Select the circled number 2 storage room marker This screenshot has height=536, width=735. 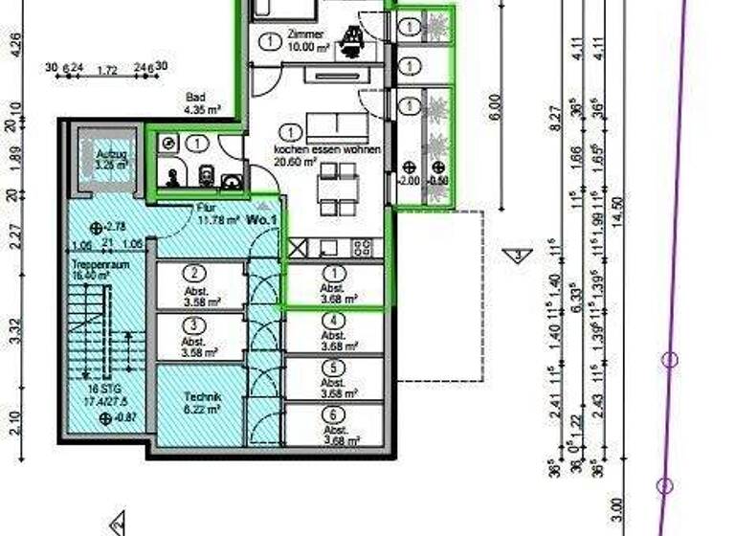coord(194,272)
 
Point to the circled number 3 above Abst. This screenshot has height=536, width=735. coord(194,324)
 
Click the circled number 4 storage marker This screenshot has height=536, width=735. coord(332,321)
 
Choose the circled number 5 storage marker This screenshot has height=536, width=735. coord(332,367)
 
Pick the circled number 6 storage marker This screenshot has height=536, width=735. coord(332,414)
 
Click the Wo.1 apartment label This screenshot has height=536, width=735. coord(261,220)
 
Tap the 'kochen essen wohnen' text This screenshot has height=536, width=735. coord(326,151)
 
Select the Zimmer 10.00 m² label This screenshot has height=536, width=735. coord(307,38)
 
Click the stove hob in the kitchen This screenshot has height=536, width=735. coord(363,247)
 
